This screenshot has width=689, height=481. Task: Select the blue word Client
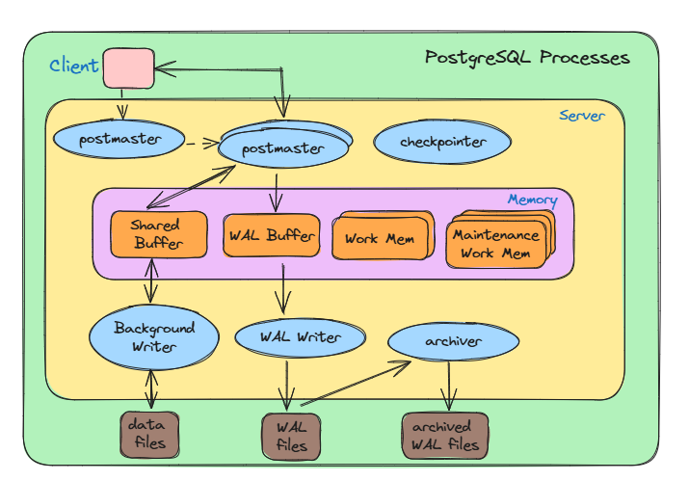tap(73, 66)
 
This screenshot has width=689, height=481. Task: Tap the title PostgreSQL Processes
tap(527, 58)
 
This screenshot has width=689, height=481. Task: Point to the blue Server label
tap(582, 116)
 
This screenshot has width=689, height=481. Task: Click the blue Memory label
tap(532, 200)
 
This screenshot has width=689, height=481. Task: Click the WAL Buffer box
tap(272, 235)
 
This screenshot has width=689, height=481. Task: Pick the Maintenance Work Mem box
tap(495, 244)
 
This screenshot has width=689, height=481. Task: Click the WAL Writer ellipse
tap(300, 337)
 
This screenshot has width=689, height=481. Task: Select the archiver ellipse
tap(452, 341)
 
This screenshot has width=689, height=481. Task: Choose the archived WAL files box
tap(444, 436)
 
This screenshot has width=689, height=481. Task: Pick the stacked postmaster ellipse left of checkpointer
tap(283, 147)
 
